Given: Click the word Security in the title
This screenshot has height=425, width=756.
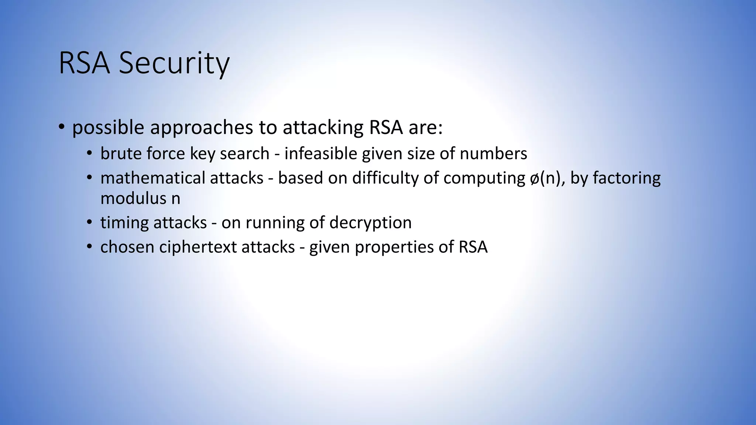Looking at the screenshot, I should pos(174,63).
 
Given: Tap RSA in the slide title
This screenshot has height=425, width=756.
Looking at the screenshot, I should pos(84,63).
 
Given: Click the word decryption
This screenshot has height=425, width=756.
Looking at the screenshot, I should pos(370,222).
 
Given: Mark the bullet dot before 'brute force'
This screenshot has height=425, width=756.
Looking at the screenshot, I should pos(89,154).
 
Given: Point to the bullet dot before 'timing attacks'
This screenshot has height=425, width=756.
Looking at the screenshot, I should pos(89,223).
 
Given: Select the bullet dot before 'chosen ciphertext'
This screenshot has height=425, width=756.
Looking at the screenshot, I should pos(89,247).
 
